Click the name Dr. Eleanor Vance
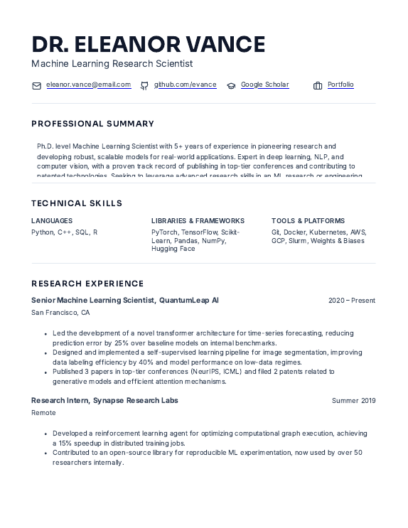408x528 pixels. tap(148, 44)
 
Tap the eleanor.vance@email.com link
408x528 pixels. tap(89, 85)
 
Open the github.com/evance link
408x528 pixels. tap(186, 85)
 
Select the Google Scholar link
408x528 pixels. tap(264, 85)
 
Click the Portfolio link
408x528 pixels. tap(340, 85)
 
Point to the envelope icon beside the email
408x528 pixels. tap(37, 85)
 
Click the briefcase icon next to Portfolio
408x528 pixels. tap(318, 85)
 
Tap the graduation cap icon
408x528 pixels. tap(231, 85)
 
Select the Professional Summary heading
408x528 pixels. tap(92, 124)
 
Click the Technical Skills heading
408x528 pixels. tap(77, 203)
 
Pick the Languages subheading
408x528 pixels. tap(52, 221)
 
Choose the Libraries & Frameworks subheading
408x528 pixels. tap(198, 221)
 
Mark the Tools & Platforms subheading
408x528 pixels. tap(308, 221)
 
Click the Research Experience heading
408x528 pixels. tap(87, 284)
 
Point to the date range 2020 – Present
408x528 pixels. tap(352, 301)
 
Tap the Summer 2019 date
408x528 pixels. tap(353, 401)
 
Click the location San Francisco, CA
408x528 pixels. tap(60, 313)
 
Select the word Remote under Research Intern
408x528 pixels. tap(43, 413)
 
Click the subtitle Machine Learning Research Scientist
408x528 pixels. tap(112, 64)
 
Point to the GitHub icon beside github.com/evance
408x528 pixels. tap(144, 85)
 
